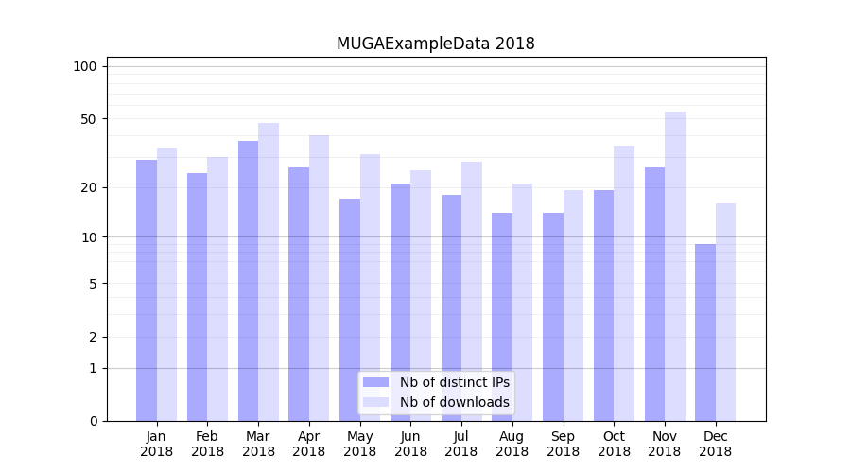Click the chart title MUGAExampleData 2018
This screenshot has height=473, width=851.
pos(435,44)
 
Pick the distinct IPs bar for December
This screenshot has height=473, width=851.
pos(705,332)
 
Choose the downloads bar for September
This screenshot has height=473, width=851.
pos(573,306)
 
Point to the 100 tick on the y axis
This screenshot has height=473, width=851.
pos(85,66)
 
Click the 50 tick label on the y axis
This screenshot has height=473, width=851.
pos(88,119)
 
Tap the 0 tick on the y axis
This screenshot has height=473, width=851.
pos(93,421)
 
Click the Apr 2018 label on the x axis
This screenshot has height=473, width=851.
pos(309,444)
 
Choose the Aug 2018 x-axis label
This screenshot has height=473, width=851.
pos(512,444)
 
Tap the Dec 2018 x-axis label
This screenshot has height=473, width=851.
pos(715,444)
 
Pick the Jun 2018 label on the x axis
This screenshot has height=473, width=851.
pos(410,444)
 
